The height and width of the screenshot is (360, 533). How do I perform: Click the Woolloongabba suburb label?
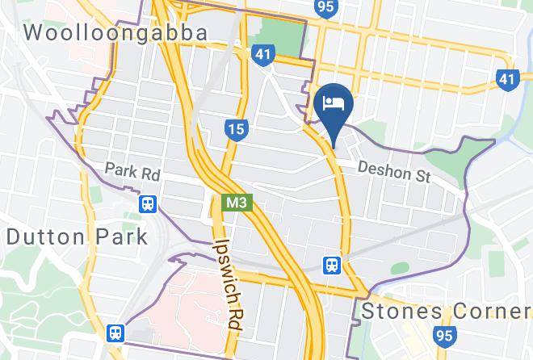pos(116,33)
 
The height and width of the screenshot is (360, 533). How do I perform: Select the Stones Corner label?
pos(446,312)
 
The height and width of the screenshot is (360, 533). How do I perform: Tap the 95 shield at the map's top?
pos(326,7)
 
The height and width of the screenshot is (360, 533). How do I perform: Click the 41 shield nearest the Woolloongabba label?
pos(262,53)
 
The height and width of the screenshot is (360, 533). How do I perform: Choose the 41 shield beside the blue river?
pos(506,79)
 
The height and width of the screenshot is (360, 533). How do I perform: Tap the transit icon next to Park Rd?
pos(147,204)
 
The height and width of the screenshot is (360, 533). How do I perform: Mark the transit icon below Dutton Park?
pos(116,333)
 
